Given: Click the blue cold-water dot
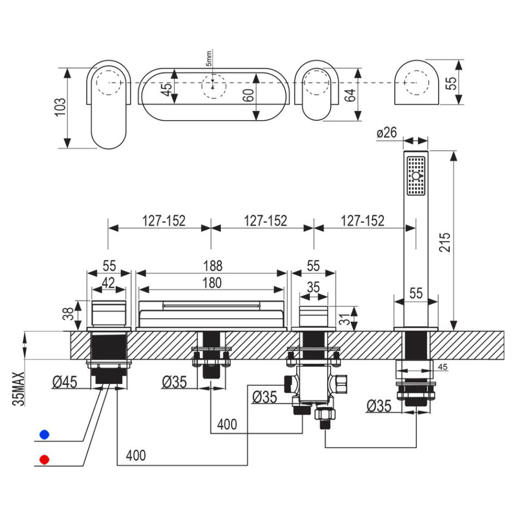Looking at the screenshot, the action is pos(44,434).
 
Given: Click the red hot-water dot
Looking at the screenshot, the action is pos(44,459).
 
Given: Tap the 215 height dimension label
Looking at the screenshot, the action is pos(445,242).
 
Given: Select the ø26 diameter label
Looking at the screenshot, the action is pos(386,133).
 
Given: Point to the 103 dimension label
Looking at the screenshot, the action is pos(60,107).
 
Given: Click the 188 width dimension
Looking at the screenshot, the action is pos(213,266).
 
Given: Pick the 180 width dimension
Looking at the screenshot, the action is pos(212,283).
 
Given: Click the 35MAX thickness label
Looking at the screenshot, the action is pos(19,389).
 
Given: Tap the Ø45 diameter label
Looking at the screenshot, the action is pos(65,382).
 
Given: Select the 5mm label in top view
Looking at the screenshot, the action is pos(209,59).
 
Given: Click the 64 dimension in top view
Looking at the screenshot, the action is pos(349,95).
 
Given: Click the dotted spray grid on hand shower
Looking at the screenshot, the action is pos(416,176).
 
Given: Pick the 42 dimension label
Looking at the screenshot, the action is pos(108,283).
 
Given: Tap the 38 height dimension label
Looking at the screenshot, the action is pos(68,314).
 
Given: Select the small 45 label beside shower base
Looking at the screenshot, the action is pos(443,366).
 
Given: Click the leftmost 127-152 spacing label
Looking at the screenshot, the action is pos(164,221).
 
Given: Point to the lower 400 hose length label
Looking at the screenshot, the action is pos(136,456).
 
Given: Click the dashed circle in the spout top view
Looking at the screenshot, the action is pos(214,86).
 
